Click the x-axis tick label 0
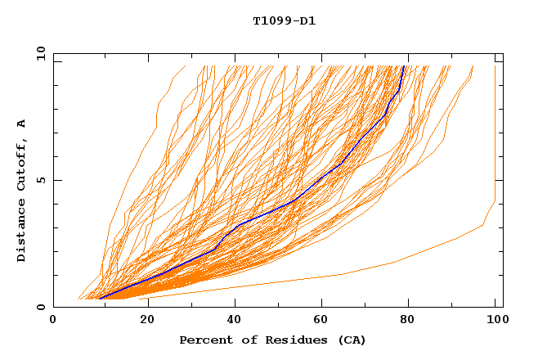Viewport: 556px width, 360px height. (x=53, y=320)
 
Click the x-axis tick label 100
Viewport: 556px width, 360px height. (x=495, y=320)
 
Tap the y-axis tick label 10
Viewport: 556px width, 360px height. (x=40, y=53)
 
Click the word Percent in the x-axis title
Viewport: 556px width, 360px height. (x=203, y=340)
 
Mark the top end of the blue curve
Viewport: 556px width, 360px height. (x=403, y=66)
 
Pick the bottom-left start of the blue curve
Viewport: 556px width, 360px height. (x=99, y=298)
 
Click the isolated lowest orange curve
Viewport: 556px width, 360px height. (x=392, y=262)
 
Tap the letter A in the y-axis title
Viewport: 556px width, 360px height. (x=22, y=124)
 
